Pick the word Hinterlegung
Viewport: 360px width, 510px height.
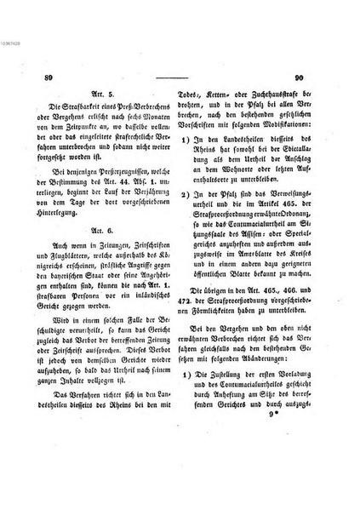66,204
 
